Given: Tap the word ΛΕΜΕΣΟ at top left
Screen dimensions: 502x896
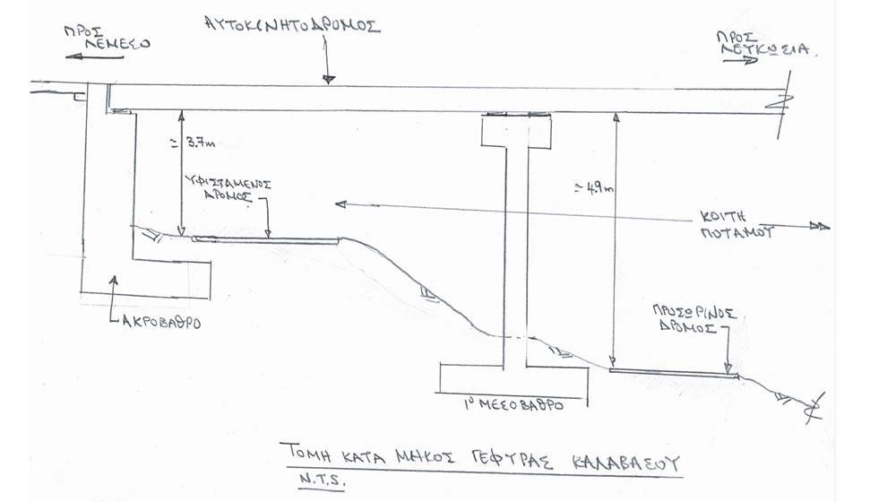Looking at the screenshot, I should coord(115,42).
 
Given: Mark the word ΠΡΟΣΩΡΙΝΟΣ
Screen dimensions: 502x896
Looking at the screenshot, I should coord(695,314).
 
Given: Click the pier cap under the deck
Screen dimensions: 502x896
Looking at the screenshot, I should coord(514,133).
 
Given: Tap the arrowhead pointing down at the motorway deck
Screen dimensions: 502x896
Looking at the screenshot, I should coord(328,79).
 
